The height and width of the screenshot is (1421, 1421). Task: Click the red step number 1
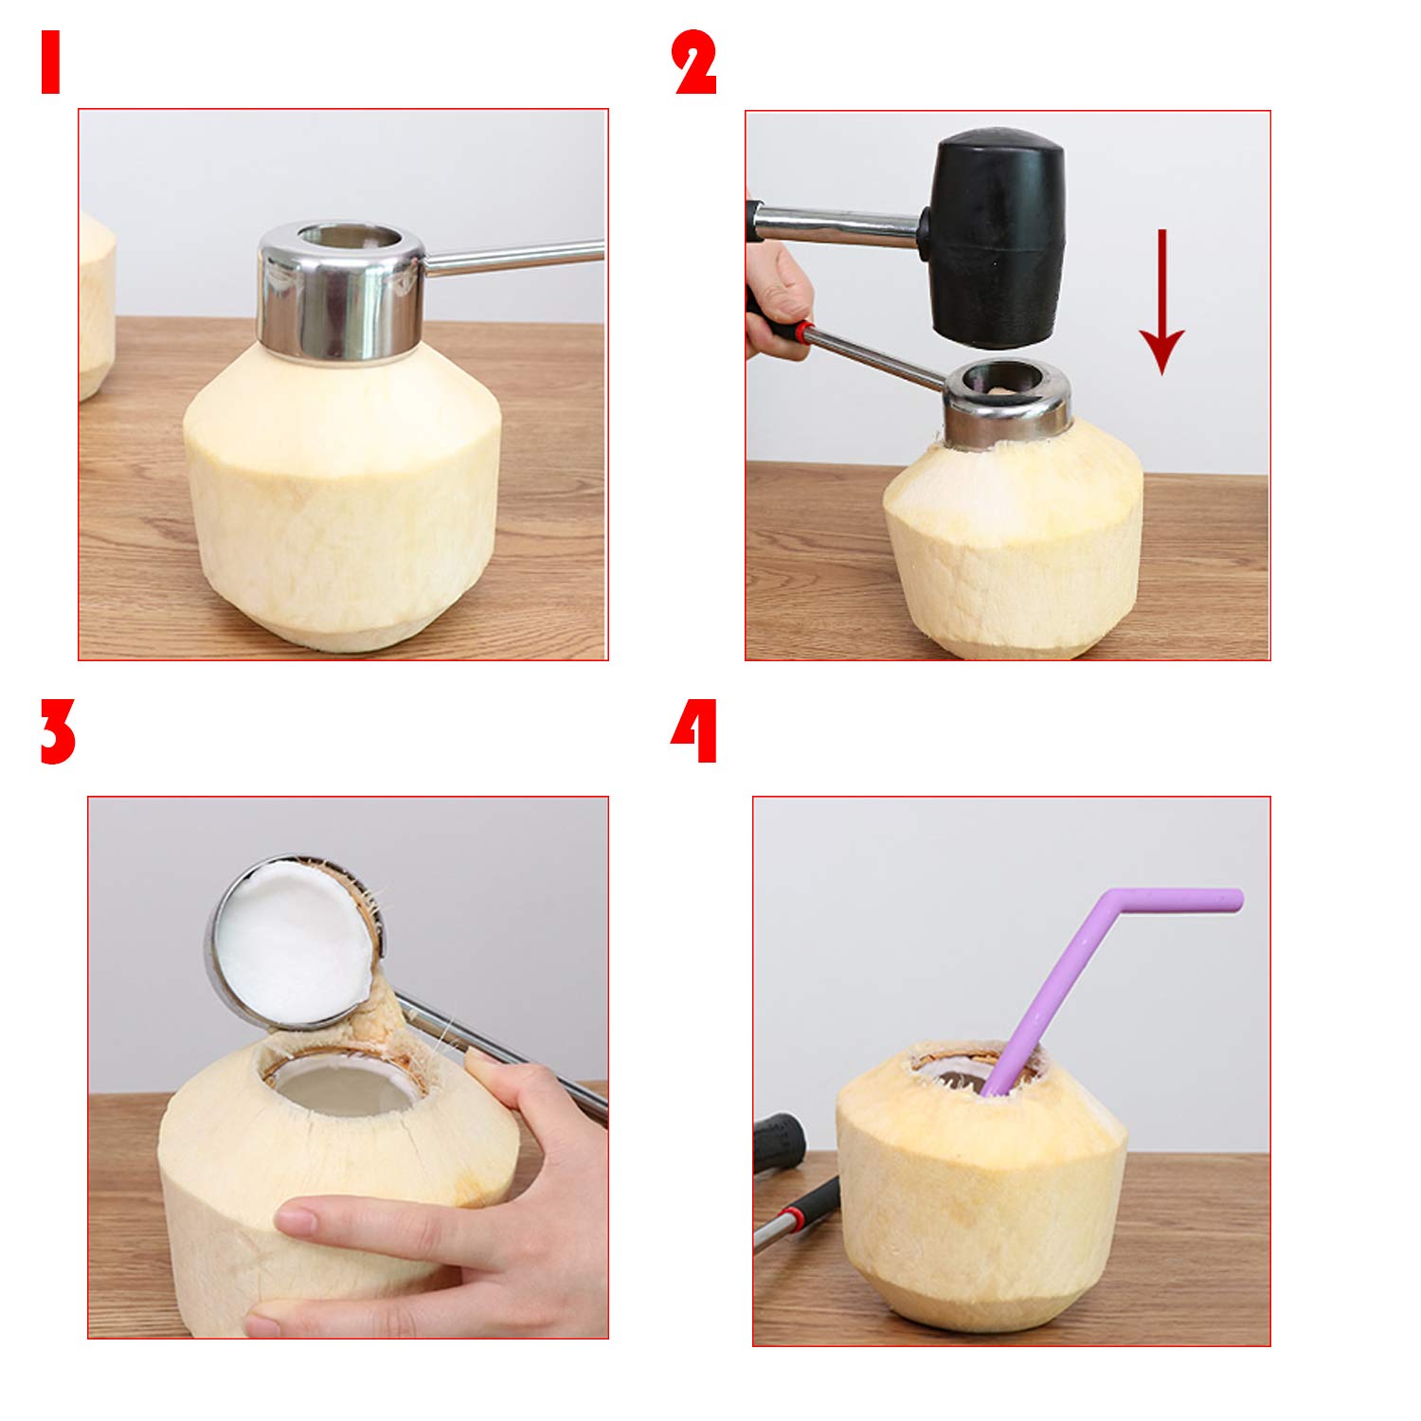[x=50, y=62]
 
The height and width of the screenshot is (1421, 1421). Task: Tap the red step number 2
[x=694, y=63]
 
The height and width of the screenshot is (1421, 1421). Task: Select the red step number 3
[x=57, y=731]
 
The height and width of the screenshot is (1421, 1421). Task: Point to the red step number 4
[x=694, y=731]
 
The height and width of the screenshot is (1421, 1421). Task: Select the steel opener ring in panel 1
[x=341, y=291]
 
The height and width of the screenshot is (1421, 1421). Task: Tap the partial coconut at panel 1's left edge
[x=96, y=303]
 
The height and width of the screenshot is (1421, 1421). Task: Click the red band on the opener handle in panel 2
[x=804, y=333]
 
